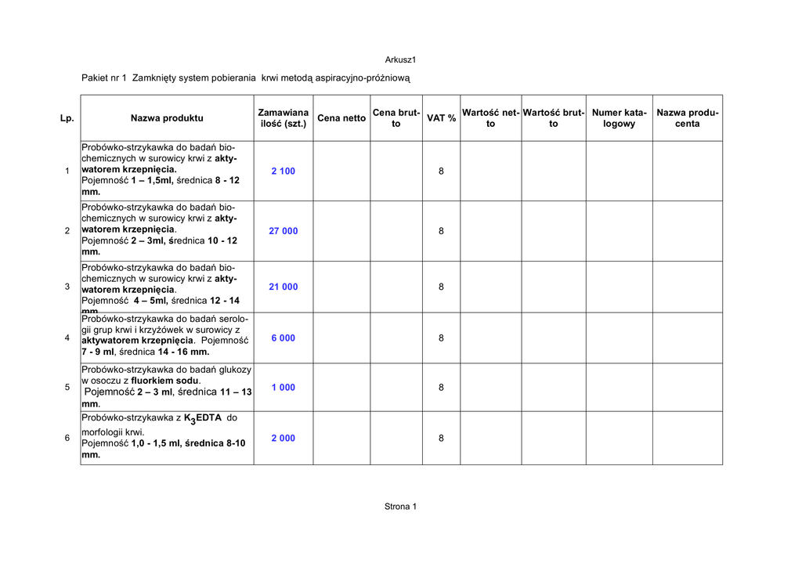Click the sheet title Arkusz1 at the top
click(x=399, y=60)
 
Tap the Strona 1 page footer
click(x=400, y=507)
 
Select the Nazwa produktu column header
click(x=167, y=118)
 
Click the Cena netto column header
click(x=341, y=118)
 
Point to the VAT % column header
click(x=441, y=118)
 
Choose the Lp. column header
click(x=67, y=118)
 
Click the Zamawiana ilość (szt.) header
click(x=284, y=118)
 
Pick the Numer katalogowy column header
click(x=619, y=118)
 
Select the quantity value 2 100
click(x=284, y=172)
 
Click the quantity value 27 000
click(x=284, y=231)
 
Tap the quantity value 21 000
click(x=284, y=287)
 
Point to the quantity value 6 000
click(x=284, y=338)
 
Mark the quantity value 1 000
click(x=284, y=388)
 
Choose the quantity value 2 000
click(x=284, y=439)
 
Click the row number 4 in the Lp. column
click(x=67, y=338)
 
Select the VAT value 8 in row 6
click(x=441, y=439)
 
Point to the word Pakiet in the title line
click(x=95, y=78)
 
